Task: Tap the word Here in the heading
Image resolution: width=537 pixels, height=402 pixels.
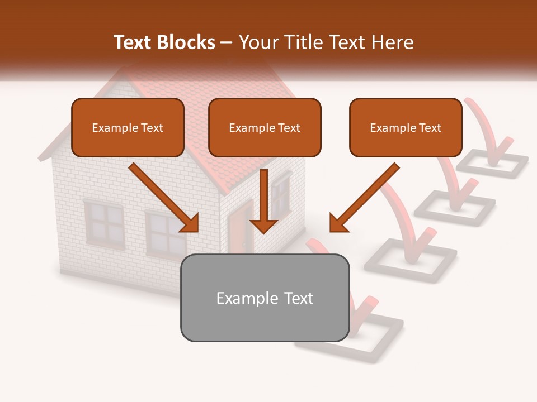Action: [394, 42]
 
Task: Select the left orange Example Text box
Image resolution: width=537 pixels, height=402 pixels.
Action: [128, 127]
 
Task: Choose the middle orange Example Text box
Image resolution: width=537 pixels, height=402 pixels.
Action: [265, 127]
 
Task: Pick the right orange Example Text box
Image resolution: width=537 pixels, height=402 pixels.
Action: [406, 127]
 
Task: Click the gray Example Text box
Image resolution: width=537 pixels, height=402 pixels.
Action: [265, 298]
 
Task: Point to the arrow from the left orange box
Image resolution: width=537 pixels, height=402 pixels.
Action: [165, 198]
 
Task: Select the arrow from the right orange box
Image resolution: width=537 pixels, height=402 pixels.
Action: [364, 198]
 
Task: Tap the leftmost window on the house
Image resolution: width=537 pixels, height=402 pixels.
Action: [104, 222]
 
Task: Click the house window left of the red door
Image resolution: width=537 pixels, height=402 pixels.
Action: [166, 234]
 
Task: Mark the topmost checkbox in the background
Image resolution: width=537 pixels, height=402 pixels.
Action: [492, 164]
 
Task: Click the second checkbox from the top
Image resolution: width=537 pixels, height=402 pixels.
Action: [454, 204]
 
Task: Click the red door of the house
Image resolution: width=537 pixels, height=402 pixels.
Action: [241, 229]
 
